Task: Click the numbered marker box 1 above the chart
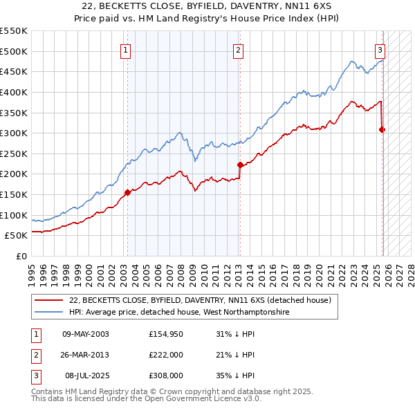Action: tap(126, 49)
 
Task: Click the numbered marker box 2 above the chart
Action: tap(238, 49)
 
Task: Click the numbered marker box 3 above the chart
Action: tap(380, 49)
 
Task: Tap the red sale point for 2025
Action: tap(382, 129)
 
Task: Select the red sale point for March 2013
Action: tap(240, 165)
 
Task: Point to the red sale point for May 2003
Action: tap(127, 192)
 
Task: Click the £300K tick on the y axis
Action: tap(14, 133)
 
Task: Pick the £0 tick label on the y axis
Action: tap(21, 256)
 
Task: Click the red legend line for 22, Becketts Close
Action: tap(49, 300)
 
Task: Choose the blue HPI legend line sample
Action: tap(49, 313)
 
